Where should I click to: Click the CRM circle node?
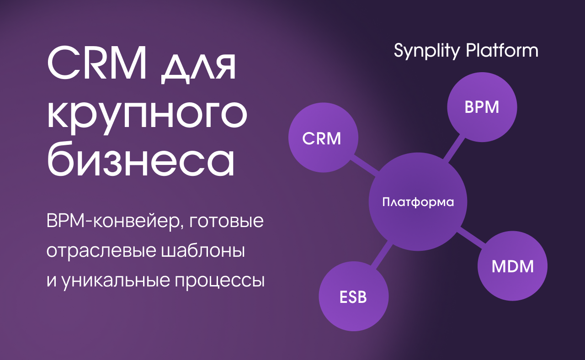click(323, 138)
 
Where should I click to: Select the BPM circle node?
click(482, 107)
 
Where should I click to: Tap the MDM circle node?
click(512, 266)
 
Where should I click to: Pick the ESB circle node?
click(353, 297)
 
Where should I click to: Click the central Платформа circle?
click(418, 202)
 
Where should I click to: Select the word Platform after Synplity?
click(502, 50)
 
